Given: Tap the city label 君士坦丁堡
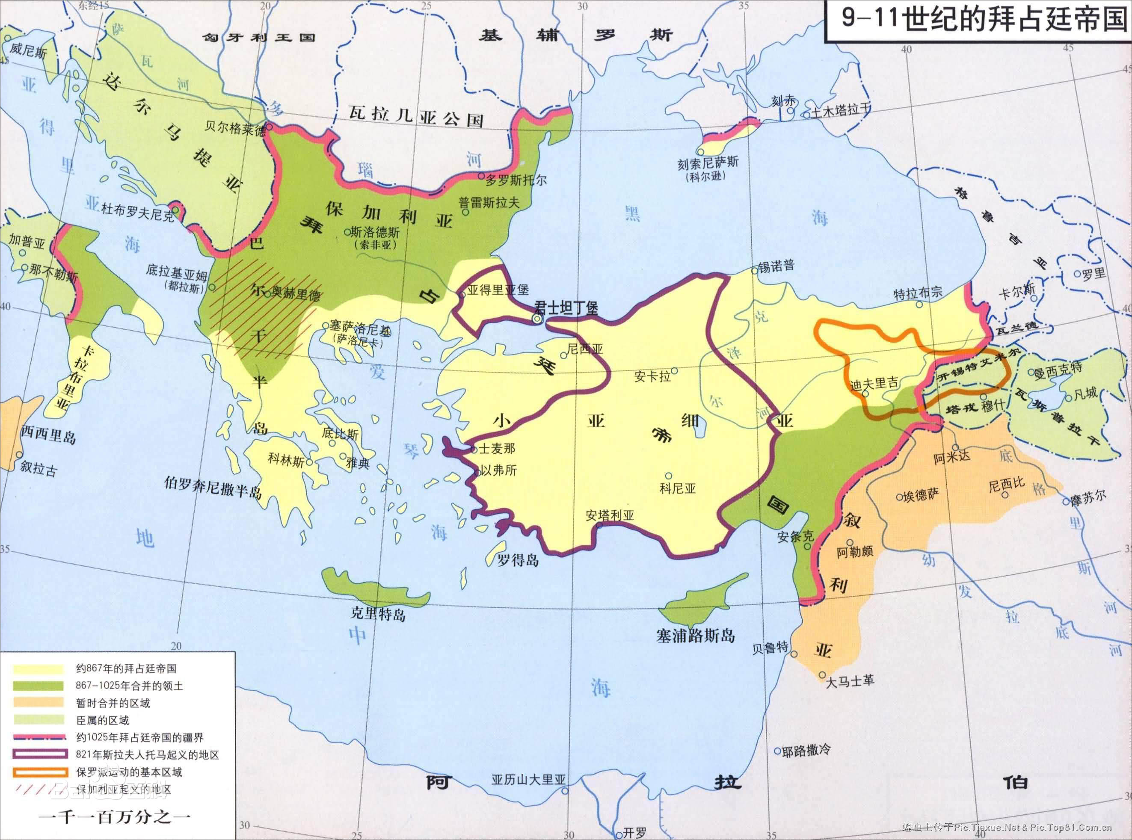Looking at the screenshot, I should (x=566, y=307).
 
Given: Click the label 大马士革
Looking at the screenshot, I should (x=850, y=681).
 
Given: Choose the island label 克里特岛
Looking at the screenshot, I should (x=378, y=614).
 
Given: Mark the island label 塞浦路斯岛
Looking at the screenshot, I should (x=695, y=635).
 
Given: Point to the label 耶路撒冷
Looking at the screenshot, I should (x=806, y=751).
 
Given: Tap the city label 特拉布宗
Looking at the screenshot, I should (x=918, y=293).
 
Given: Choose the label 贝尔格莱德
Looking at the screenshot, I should (x=235, y=127).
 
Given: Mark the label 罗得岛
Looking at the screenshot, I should (x=518, y=560).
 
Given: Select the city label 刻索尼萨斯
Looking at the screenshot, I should (x=707, y=164).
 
